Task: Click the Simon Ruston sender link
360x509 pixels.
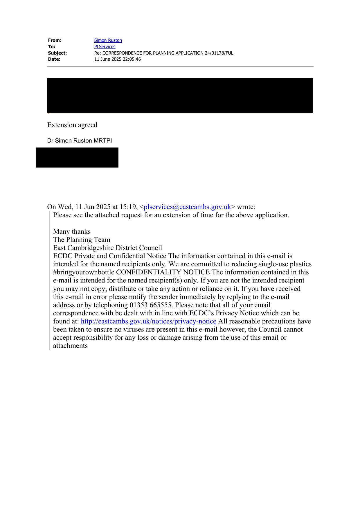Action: (x=108, y=40)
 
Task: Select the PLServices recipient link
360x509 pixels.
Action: (x=105, y=47)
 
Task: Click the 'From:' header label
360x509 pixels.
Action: (x=55, y=40)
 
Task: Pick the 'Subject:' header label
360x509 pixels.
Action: (x=57, y=53)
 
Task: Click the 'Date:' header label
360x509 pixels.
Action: (x=54, y=59)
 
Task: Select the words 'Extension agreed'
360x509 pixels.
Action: (x=72, y=125)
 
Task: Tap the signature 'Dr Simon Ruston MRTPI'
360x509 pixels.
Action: (x=80, y=141)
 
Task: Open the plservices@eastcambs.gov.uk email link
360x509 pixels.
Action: (x=187, y=207)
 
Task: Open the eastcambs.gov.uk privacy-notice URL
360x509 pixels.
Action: (x=148, y=321)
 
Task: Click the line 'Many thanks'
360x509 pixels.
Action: (x=72, y=231)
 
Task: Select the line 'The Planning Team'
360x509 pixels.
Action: (x=82, y=240)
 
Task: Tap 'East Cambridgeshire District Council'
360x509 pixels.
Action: (x=107, y=248)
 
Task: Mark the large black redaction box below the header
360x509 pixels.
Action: (x=180, y=96)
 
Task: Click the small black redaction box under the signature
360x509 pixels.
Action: (x=77, y=157)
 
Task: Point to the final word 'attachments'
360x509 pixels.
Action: (x=70, y=346)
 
